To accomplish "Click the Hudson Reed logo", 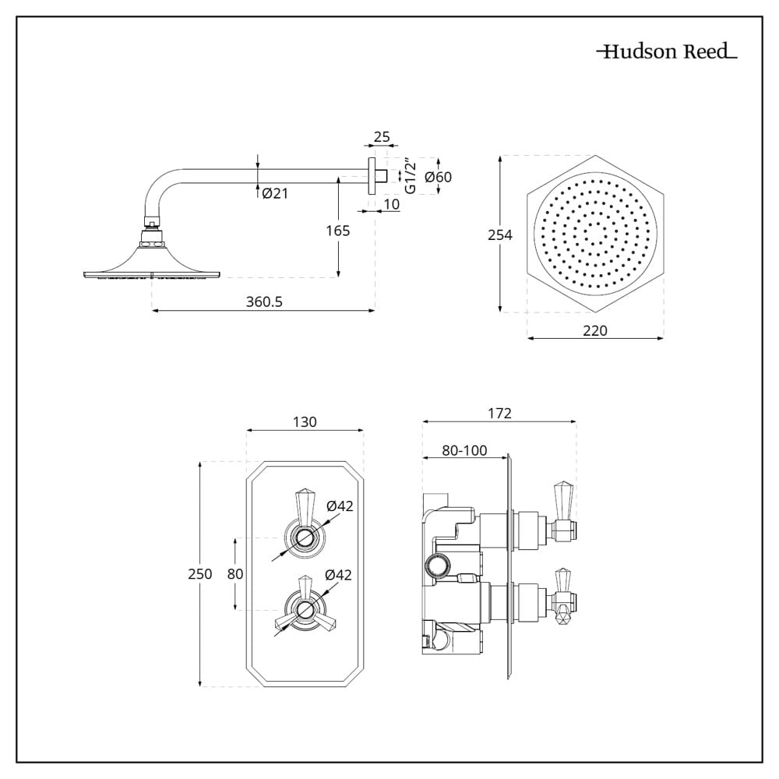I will (x=667, y=52).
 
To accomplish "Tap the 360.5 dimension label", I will (x=263, y=302).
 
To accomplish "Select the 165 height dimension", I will (x=338, y=231).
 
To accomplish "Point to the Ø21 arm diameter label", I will (x=275, y=194).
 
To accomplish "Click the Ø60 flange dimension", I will (x=438, y=177).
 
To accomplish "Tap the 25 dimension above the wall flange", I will (x=382, y=137).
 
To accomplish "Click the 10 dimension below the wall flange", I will (x=392, y=204).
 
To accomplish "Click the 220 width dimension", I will (x=594, y=330).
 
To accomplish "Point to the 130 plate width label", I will (x=305, y=421).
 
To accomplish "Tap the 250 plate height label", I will (x=200, y=574).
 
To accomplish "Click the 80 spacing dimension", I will (x=235, y=574).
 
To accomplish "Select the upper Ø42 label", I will (x=340, y=506).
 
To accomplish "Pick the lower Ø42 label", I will (x=340, y=575).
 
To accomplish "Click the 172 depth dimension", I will (x=499, y=414).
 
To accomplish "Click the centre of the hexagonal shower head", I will (x=596, y=234).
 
